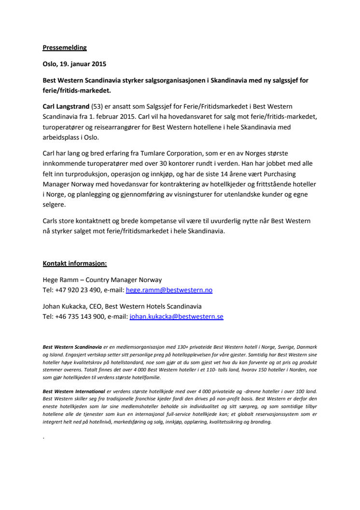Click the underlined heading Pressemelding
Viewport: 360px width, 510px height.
click(65, 48)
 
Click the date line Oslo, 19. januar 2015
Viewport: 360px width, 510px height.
click(74, 64)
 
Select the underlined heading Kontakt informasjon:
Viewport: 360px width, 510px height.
click(75, 263)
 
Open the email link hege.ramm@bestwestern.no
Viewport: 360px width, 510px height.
click(169, 290)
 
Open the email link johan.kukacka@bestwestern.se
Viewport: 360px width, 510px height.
click(176, 317)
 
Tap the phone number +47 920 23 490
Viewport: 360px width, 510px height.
click(78, 290)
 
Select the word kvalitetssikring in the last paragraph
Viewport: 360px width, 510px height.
click(222, 422)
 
